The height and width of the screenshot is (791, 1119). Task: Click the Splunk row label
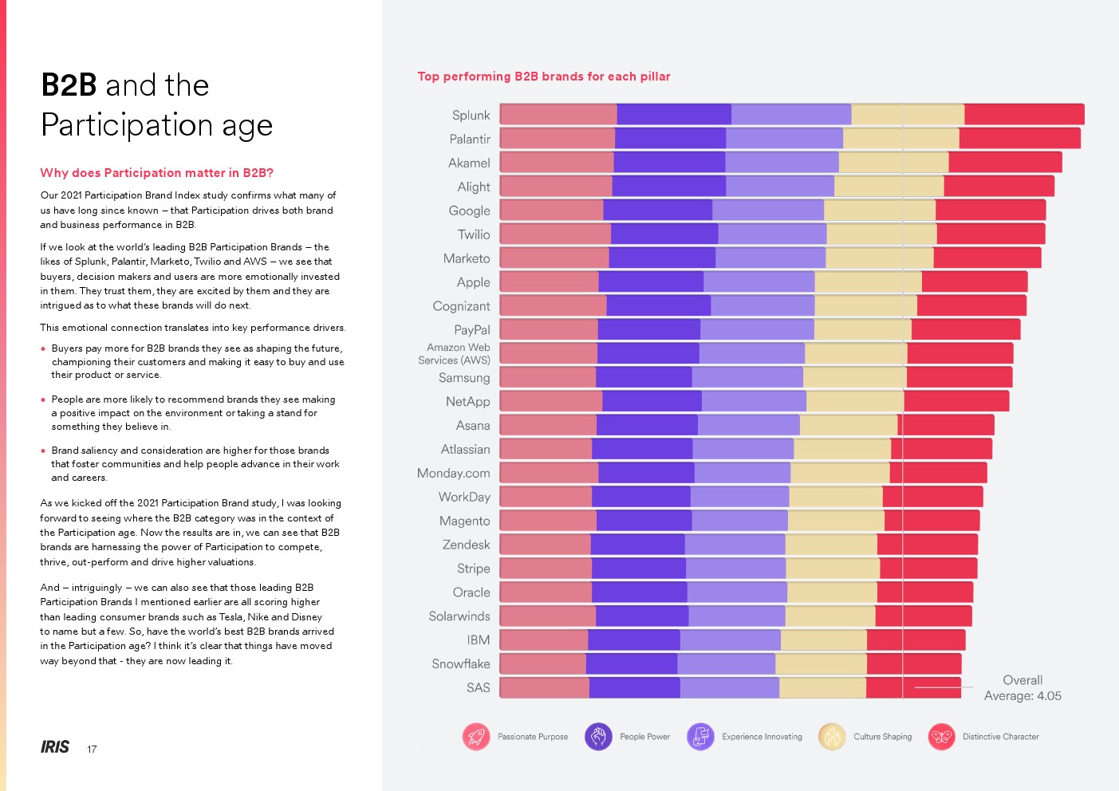[x=471, y=116]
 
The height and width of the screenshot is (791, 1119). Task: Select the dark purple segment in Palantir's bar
[x=670, y=139]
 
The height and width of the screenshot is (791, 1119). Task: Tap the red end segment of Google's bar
[x=991, y=211]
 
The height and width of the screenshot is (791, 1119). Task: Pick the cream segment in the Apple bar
[x=868, y=282]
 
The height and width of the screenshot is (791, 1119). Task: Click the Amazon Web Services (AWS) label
[x=455, y=354]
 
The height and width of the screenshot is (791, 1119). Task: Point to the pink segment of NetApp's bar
[x=551, y=401]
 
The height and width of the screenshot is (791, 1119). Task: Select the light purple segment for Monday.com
[x=742, y=473]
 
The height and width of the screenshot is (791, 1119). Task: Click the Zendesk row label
[x=466, y=545]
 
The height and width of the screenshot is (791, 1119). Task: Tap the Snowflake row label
[x=461, y=664]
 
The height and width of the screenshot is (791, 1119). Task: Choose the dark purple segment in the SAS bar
[x=634, y=687]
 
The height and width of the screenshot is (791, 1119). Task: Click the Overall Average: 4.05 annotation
[x=1022, y=688]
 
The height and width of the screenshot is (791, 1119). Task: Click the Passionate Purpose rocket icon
[x=476, y=737]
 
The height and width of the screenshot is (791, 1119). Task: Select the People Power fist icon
[x=598, y=737]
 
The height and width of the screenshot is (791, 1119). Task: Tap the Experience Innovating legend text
[x=762, y=737]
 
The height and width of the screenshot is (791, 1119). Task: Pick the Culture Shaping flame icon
[x=832, y=737]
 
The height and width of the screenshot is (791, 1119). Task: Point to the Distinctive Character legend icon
[x=941, y=737]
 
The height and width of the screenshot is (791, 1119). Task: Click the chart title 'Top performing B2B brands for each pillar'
[x=544, y=77]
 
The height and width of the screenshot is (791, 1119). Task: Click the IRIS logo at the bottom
[x=55, y=747]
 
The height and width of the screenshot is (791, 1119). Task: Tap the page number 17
[x=92, y=749]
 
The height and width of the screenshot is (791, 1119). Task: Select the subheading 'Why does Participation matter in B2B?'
[x=157, y=173]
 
